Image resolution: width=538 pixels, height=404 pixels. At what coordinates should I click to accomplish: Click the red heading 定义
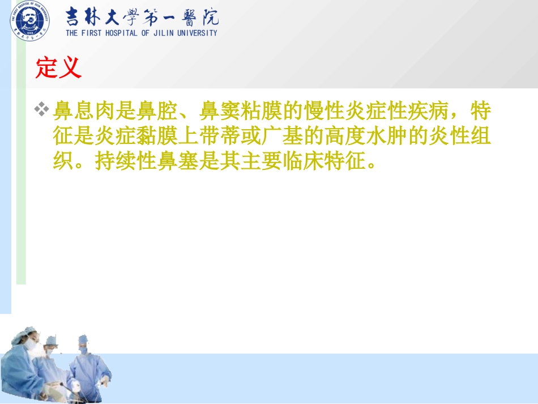[58, 69]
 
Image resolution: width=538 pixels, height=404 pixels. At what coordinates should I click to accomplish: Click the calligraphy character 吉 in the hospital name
[75, 17]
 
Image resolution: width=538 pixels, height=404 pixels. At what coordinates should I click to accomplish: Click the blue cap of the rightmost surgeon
[83, 339]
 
